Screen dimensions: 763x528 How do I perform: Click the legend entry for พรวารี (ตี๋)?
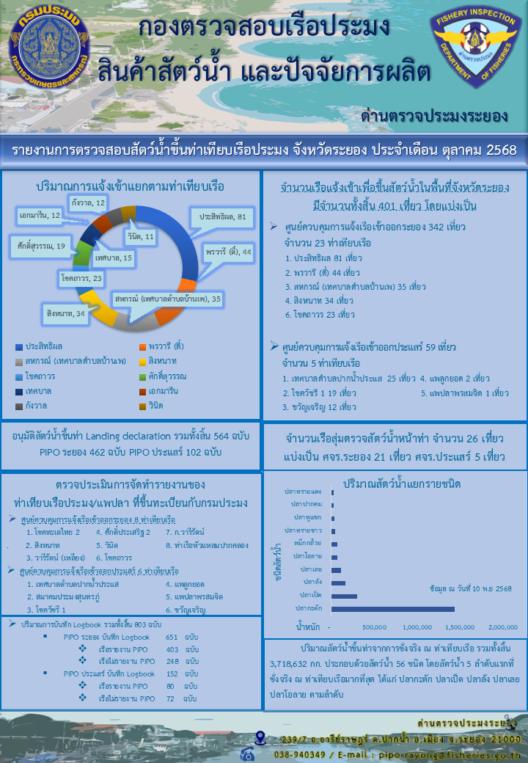(163, 346)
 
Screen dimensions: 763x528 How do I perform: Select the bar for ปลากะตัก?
(392, 608)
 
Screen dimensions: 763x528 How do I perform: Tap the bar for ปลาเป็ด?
(344, 596)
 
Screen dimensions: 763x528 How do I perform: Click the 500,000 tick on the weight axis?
(374, 627)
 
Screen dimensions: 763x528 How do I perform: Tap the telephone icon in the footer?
(247, 753)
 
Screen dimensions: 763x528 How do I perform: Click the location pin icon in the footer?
(260, 737)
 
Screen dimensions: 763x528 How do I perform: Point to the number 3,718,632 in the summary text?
(286, 664)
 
